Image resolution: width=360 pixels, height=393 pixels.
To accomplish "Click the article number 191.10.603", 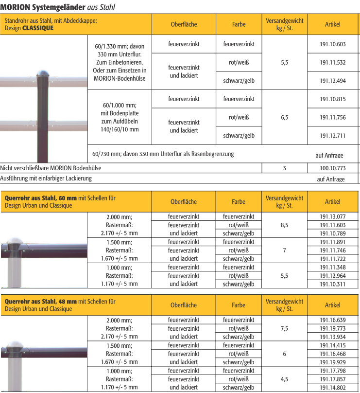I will click(x=333, y=44).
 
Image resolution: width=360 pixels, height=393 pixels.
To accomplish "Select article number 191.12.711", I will click(x=333, y=135).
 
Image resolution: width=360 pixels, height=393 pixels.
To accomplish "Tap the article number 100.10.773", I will click(x=333, y=168).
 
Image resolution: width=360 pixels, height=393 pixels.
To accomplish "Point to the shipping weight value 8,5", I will click(x=285, y=225).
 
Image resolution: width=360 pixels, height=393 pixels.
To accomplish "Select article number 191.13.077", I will click(x=333, y=216).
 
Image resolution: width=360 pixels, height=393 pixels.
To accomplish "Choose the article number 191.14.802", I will click(x=333, y=387).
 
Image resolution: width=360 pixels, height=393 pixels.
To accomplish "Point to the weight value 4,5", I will click(x=285, y=379).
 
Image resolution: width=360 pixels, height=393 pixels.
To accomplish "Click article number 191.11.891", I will click(x=333, y=242).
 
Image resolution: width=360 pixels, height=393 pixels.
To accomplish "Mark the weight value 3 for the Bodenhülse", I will click(x=285, y=168).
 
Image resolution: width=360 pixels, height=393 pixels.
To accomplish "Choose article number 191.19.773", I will click(x=333, y=328).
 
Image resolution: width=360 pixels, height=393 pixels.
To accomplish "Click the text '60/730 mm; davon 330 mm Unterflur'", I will click(x=163, y=154).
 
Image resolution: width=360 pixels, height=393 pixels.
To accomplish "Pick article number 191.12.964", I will click(x=333, y=275).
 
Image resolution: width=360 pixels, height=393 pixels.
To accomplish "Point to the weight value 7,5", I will click(x=285, y=328).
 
